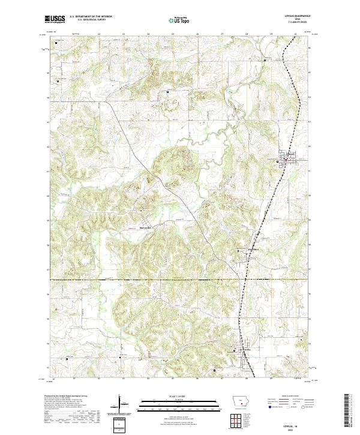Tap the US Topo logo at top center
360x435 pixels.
[179, 20]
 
